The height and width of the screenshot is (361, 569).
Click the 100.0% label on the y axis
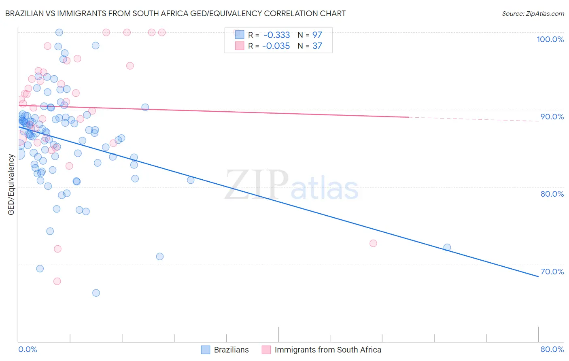pyautogui.click(x=550, y=39)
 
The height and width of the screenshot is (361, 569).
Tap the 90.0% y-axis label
pyautogui.click(x=552, y=117)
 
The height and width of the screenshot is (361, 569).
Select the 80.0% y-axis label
pyautogui.click(x=552, y=194)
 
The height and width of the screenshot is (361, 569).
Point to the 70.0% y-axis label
pyautogui.click(x=552, y=272)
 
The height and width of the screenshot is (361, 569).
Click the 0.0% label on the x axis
pyautogui.click(x=28, y=349)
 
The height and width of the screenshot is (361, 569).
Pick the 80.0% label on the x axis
pyautogui.click(x=552, y=349)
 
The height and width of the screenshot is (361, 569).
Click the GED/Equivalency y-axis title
pyautogui.click(x=11, y=185)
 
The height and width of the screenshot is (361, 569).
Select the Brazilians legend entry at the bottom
pyautogui.click(x=225, y=350)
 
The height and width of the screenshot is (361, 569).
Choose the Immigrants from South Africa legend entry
pyautogui.click(x=322, y=350)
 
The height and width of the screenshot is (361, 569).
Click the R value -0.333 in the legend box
pyautogui.click(x=276, y=35)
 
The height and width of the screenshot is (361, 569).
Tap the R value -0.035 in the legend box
pyautogui.click(x=276, y=46)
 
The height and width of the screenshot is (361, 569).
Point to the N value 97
pyautogui.click(x=317, y=35)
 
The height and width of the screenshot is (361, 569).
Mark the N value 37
pyautogui.click(x=317, y=46)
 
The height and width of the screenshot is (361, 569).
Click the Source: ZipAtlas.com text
pyautogui.click(x=533, y=14)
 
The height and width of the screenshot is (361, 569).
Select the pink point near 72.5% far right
pyautogui.click(x=373, y=243)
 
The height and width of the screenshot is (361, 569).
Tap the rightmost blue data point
pyautogui.click(x=447, y=247)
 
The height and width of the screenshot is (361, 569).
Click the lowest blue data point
pyautogui.click(x=96, y=293)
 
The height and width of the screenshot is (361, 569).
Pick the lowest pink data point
pyautogui.click(x=57, y=281)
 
